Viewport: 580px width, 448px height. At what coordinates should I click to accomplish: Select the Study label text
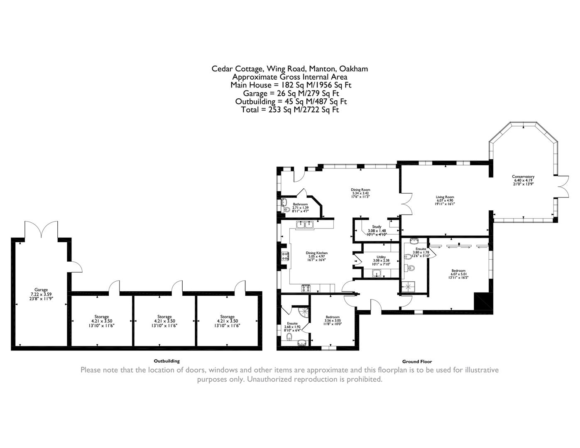[x=377, y=227]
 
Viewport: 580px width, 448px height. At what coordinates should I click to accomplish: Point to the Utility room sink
[x=377, y=273]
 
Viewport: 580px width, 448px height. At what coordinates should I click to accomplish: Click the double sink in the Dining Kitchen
[x=304, y=225]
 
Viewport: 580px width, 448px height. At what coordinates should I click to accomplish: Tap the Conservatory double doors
[x=563, y=186]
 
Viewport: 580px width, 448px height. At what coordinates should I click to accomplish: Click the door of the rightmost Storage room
[x=240, y=287]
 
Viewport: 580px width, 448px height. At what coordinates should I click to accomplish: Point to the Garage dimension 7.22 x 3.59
[x=41, y=294]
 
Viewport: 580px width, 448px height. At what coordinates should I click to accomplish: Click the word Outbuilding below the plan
[x=166, y=361]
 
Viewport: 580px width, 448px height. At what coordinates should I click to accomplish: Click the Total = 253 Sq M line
[x=290, y=110]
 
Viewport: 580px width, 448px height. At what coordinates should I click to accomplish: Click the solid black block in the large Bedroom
[x=482, y=301]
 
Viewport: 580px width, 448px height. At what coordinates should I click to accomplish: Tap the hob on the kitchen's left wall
[x=285, y=256]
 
